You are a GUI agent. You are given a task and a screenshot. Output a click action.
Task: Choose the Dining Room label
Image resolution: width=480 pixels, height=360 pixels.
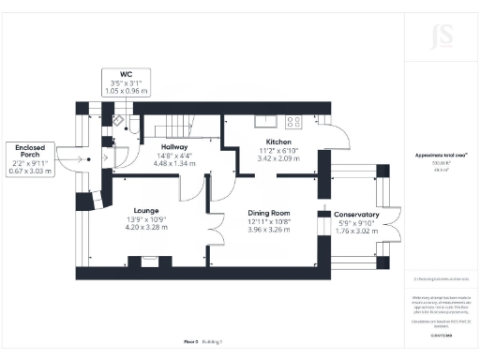269,212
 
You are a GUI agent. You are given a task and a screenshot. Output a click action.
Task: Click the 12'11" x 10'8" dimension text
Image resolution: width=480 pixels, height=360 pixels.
269,220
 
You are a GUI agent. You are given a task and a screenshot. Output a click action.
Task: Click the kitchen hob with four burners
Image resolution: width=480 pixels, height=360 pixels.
293,120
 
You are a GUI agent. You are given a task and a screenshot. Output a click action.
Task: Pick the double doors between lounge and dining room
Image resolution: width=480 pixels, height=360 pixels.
215,228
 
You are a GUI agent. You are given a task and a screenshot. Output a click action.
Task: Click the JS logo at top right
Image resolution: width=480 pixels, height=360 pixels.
432,37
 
